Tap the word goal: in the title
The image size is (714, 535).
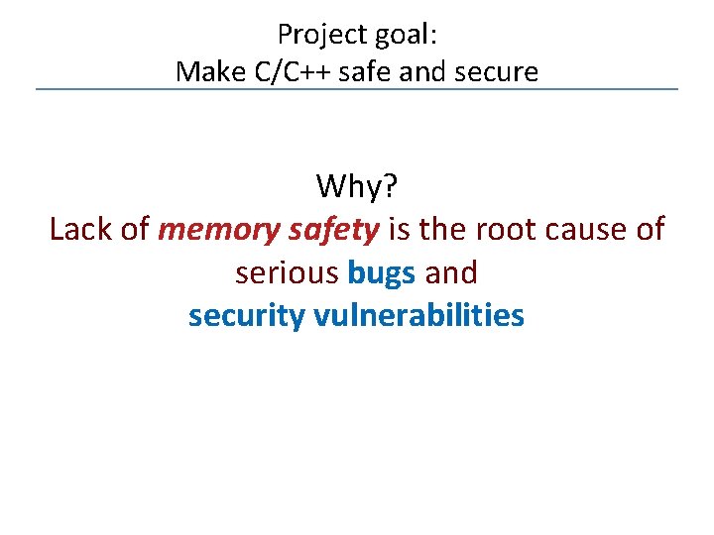point(406,35)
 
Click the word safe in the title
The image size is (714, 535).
point(358,71)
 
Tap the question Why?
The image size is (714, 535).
point(356,185)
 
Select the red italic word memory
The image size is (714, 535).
point(219,230)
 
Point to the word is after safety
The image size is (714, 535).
point(400,230)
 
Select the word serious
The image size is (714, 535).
point(289,272)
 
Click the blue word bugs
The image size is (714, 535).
point(382,272)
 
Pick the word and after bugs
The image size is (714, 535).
point(451,272)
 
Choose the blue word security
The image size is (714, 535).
point(247,316)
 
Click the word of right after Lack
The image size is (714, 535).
point(135,230)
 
